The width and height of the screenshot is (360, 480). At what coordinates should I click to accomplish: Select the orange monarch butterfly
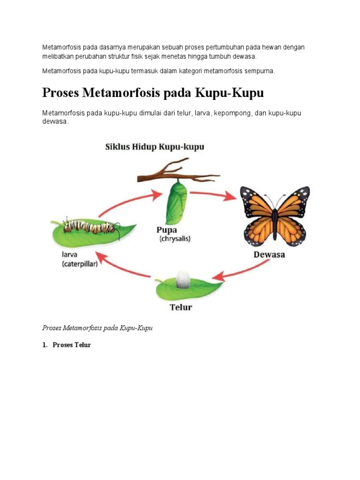click(275, 216)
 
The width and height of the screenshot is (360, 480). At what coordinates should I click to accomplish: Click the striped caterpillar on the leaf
click(90, 227)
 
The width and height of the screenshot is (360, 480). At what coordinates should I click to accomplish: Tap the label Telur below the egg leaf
click(181, 307)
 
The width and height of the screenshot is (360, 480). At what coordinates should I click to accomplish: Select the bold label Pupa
click(167, 230)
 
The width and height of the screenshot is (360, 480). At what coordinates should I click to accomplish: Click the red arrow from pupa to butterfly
click(213, 195)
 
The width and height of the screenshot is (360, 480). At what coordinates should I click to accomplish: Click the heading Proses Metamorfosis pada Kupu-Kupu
click(153, 93)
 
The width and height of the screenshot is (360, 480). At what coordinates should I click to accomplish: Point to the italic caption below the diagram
click(97, 328)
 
